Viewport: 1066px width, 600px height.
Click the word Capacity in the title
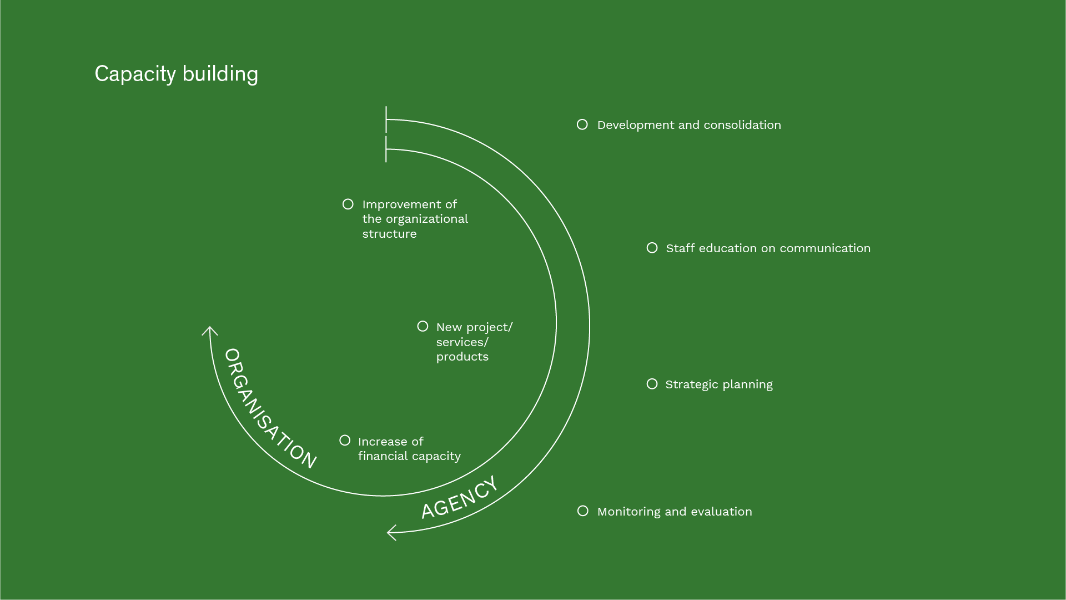click(135, 74)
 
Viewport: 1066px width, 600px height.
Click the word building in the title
click(220, 74)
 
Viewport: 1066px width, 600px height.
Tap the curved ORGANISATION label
click(270, 408)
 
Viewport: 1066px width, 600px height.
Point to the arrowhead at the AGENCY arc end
click(391, 532)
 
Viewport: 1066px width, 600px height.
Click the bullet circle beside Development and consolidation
click(582, 124)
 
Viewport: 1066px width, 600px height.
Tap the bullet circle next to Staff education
click(652, 248)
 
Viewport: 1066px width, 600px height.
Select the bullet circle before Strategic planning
click(652, 384)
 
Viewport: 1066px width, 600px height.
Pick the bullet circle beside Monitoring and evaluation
click(582, 511)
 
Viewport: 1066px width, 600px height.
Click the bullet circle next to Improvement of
click(348, 204)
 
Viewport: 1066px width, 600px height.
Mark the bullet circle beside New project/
click(423, 326)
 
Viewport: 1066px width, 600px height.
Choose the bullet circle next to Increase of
click(345, 441)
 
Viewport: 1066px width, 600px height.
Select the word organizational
click(426, 219)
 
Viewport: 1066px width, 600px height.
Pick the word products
click(462, 357)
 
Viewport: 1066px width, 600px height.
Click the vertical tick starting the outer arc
click(386, 119)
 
